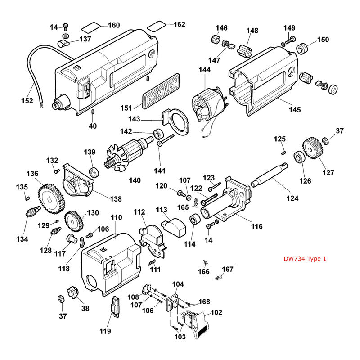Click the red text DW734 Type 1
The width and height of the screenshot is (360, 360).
tap(305, 259)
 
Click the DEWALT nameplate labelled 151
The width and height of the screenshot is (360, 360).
tap(161, 92)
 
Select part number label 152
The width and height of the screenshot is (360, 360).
tap(27, 100)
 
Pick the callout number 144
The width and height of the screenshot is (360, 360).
tap(205, 70)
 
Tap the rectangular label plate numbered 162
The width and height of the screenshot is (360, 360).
tap(156, 23)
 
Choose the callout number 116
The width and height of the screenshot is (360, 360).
tap(256, 226)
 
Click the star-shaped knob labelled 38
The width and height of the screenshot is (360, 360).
tap(73, 299)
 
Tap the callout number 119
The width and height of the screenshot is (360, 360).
tap(104, 332)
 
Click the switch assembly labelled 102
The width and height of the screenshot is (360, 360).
tap(198, 322)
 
